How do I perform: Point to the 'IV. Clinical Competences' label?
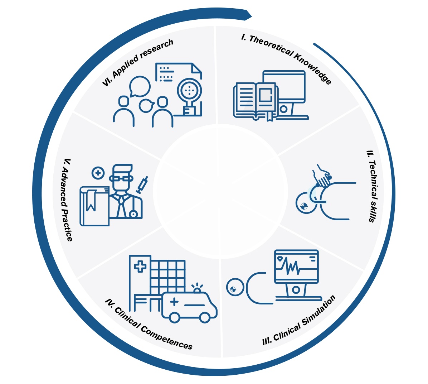(149, 324)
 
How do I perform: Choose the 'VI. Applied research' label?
(137, 62)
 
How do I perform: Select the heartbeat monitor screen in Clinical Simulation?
(296, 265)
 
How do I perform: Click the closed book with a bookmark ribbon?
(94, 206)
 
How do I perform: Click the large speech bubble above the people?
(140, 86)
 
